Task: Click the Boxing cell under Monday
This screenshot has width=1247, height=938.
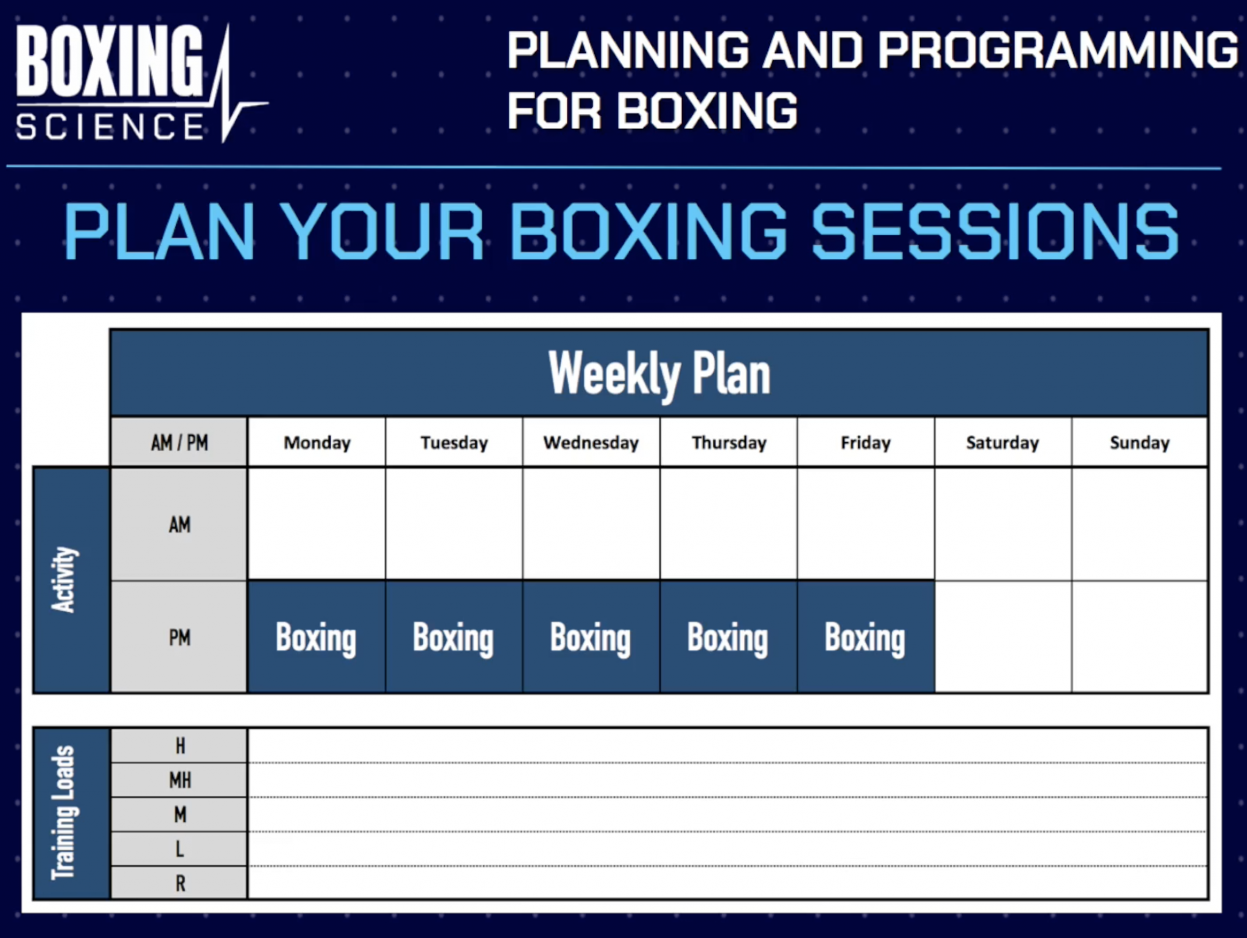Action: coord(316,637)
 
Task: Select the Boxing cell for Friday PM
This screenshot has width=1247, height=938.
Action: coord(865,637)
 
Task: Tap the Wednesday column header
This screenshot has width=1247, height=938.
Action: coord(591,442)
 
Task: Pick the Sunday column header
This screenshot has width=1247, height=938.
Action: coord(1139,442)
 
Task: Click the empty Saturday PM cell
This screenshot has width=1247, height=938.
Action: coord(1002,637)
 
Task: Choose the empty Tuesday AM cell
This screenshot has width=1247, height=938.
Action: coord(454,524)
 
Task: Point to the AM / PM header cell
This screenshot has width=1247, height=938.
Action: coord(179,442)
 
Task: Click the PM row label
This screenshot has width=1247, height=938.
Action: coord(179,637)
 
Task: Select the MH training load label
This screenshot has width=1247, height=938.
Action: coord(179,780)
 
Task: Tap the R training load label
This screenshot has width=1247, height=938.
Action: coord(179,883)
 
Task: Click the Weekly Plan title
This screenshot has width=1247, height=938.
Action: coord(659,373)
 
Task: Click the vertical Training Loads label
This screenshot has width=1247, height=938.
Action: coord(63,813)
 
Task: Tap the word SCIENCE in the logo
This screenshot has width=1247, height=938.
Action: coord(110,127)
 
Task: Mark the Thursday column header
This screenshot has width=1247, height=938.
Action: coord(728,442)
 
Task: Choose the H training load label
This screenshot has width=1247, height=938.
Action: coord(179,746)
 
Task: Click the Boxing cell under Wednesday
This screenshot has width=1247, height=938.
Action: coord(591,637)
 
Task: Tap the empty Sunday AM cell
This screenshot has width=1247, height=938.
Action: coord(1139,524)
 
